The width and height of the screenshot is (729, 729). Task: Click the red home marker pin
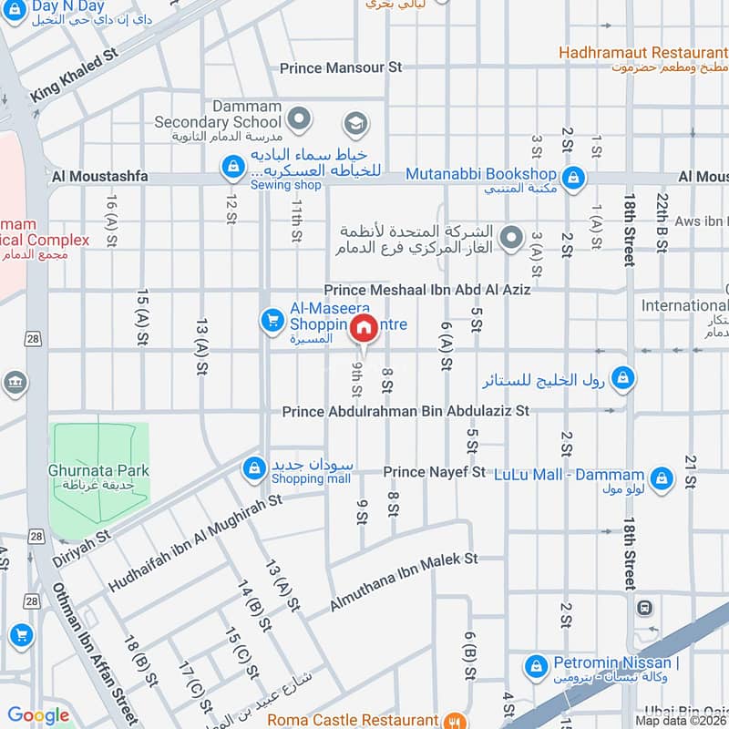coord(363,329)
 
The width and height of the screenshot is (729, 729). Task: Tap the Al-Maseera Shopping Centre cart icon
coord(271,320)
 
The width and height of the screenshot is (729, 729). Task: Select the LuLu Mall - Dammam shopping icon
coord(662,476)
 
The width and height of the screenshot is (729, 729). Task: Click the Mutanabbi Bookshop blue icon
coord(573,175)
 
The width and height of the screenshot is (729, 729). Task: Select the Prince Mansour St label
coord(341,67)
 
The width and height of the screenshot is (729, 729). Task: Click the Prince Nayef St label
coord(434,472)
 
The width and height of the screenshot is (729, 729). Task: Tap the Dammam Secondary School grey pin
coord(298,118)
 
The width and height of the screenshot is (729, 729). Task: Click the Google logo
coord(39,714)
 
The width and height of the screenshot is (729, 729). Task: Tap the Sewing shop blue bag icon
coord(233,166)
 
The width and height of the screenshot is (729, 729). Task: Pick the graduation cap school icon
coord(354,123)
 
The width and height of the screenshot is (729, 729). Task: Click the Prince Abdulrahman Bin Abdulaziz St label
coord(406,412)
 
